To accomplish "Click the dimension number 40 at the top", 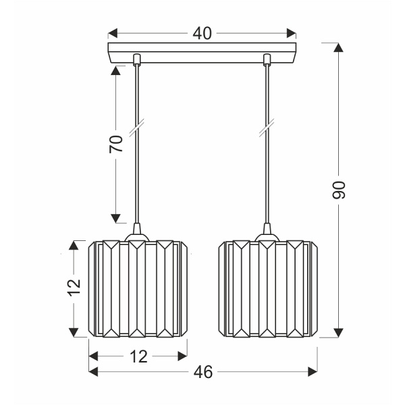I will (201, 33).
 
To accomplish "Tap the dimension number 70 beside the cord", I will (116, 144).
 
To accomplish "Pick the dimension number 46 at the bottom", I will (203, 371).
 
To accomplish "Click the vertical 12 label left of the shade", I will (74, 286).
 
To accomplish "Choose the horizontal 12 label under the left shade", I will (138, 356).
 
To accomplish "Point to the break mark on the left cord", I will (137, 128).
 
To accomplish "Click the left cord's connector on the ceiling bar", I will (137, 59).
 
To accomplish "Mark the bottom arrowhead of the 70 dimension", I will (116, 217).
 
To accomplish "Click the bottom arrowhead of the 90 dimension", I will (339, 332).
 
